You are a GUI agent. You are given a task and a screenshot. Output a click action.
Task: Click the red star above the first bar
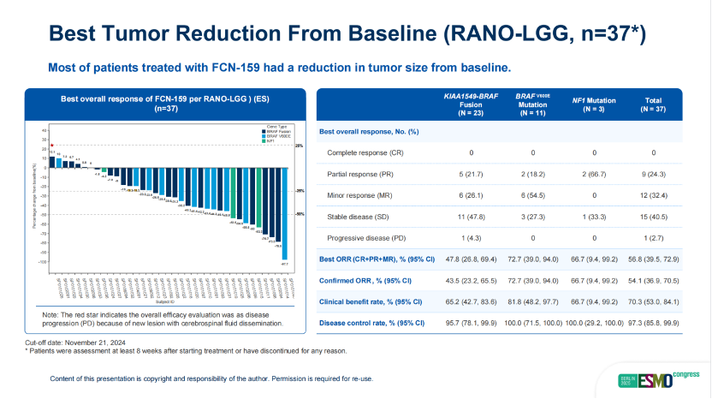[52, 146]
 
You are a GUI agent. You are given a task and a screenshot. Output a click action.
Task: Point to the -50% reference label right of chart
[300, 214]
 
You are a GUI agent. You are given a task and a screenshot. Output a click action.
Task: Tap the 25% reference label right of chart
[300, 146]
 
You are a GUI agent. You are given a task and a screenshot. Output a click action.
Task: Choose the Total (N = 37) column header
[652, 104]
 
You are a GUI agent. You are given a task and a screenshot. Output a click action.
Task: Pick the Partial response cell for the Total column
[652, 175]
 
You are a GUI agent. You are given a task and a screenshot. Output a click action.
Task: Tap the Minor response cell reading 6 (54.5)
[532, 196]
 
